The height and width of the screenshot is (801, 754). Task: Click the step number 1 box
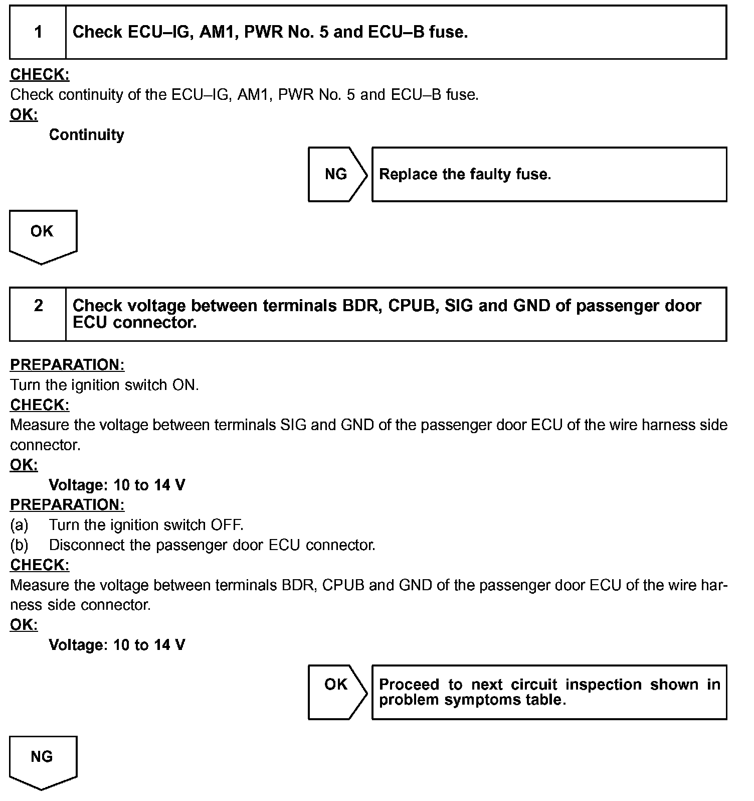click(x=38, y=33)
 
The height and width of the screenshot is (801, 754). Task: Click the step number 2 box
click(x=38, y=314)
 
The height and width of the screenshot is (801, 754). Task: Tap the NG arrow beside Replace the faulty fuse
click(x=336, y=174)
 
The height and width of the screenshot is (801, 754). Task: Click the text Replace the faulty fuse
click(x=465, y=174)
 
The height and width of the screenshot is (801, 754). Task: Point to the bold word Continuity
click(x=86, y=135)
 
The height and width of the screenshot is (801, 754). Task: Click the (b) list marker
click(x=19, y=545)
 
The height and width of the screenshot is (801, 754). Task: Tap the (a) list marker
click(x=19, y=525)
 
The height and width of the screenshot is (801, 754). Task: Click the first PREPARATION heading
click(x=67, y=365)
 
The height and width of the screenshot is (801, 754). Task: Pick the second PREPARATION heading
click(x=67, y=504)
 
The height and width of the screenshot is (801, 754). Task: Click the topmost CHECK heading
click(x=40, y=74)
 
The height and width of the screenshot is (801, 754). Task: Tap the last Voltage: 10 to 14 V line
click(x=117, y=645)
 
